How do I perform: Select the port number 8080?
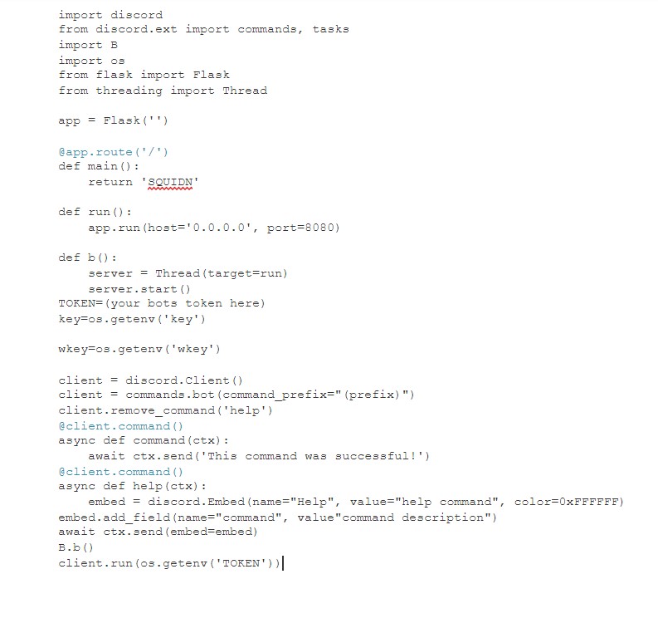pos(325,228)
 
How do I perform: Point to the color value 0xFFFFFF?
pos(592,502)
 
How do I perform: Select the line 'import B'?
pos(88,45)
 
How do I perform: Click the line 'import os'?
pos(91,60)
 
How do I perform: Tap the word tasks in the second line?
pos(330,29)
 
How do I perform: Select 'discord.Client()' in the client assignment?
pos(184,380)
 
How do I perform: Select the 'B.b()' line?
pos(76,547)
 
